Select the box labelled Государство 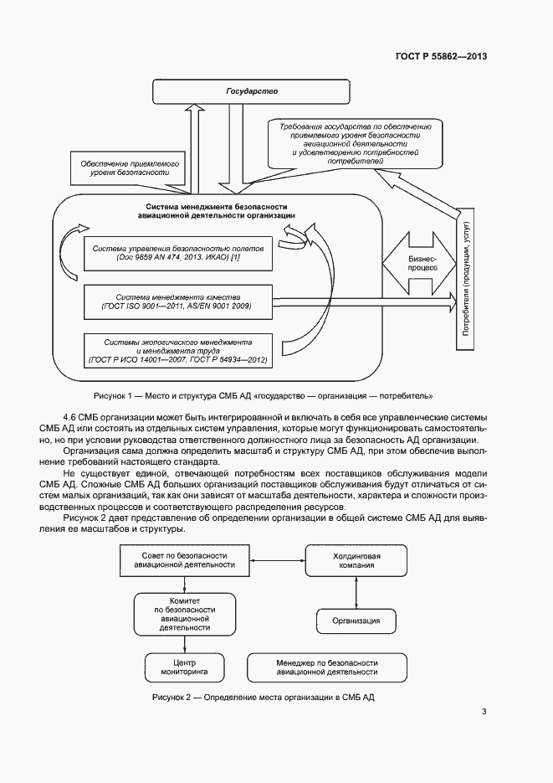(x=253, y=90)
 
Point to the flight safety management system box (x=178, y=254)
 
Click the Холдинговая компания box (x=357, y=560)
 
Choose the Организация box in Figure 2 (x=357, y=621)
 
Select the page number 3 (x=484, y=713)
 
